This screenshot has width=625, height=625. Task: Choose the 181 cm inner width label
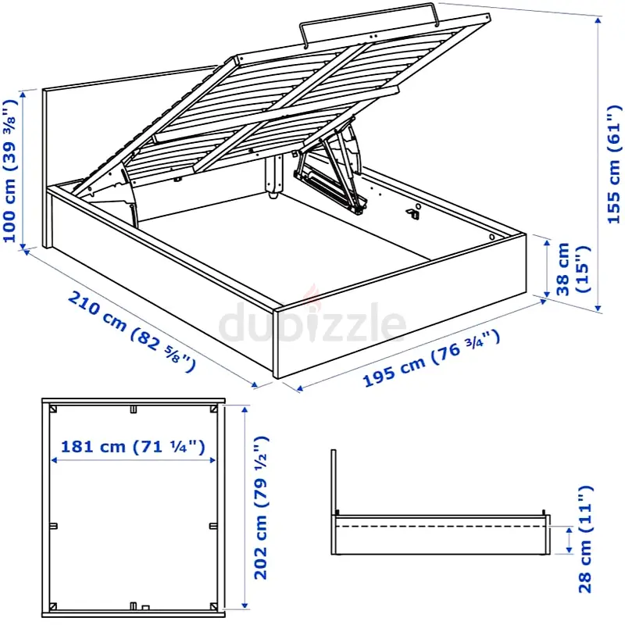133,447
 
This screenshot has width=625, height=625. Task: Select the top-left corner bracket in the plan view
52,409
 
